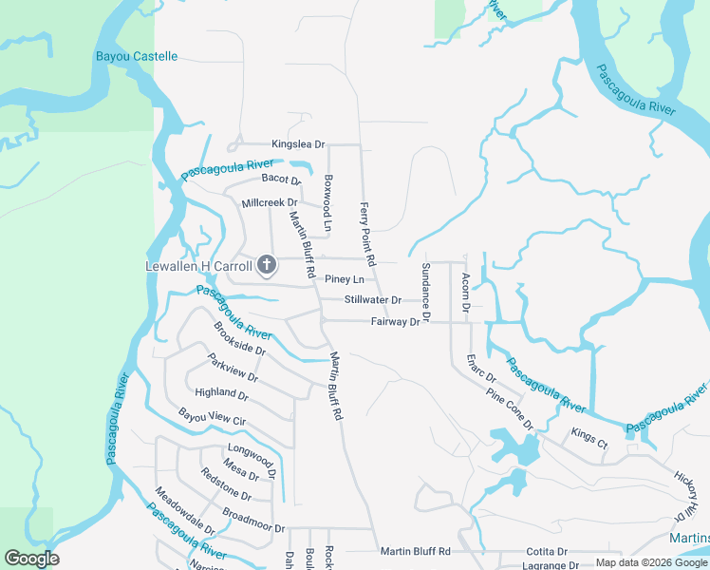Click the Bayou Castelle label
coord(137,57)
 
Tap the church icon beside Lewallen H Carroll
coord(267,264)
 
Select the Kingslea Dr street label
coord(298,144)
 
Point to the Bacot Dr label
coord(281,179)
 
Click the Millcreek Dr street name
coord(270,203)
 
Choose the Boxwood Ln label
coord(328,202)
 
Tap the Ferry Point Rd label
coord(367,233)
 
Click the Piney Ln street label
coord(345,279)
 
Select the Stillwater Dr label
coord(373,300)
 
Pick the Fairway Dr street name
coord(395,322)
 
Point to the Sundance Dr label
coord(426,290)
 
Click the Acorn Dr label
coord(466,291)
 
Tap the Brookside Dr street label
coord(239,338)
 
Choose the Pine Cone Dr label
coord(510,408)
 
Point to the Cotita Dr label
coord(549,551)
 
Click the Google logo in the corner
coord(31,559)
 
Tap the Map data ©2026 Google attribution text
coord(651,562)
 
